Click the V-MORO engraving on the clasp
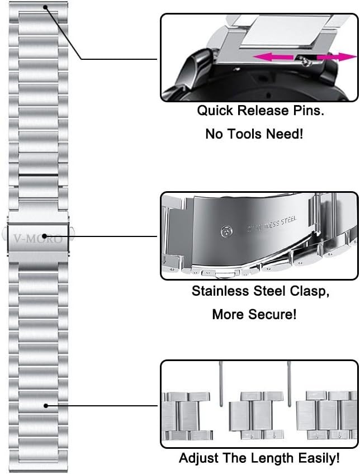click(39, 236)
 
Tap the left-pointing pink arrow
click(274, 56)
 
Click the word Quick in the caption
click(216, 110)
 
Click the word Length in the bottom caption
click(269, 459)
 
